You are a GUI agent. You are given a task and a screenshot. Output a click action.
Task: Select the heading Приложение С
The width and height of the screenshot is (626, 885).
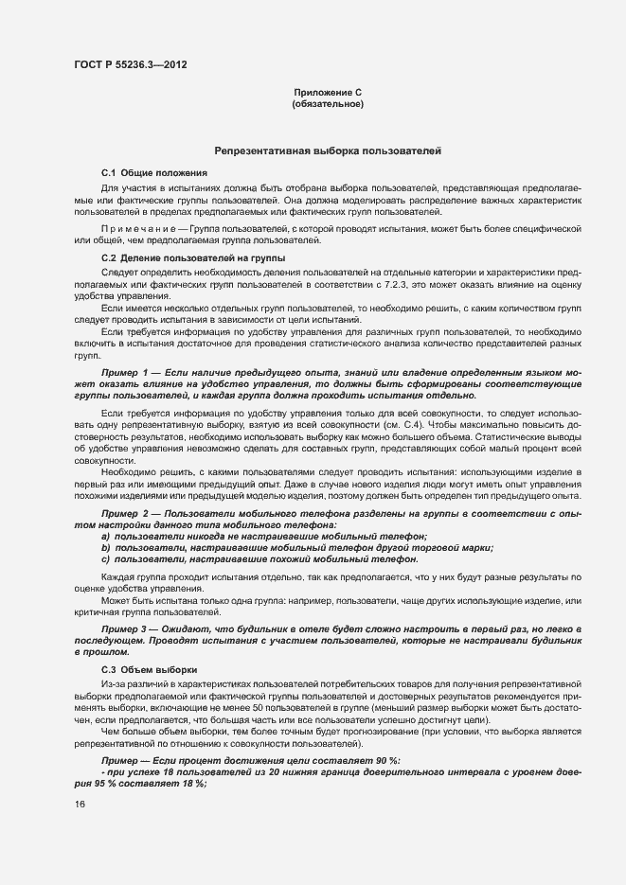(328, 92)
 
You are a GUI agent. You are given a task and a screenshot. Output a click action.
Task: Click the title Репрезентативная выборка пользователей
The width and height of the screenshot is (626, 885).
(328, 150)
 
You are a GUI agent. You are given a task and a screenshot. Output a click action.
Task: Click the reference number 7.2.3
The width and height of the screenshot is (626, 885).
(392, 284)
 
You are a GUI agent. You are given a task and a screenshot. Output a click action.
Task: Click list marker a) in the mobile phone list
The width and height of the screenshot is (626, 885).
(106, 536)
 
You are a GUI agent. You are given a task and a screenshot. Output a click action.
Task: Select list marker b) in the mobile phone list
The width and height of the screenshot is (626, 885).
(106, 548)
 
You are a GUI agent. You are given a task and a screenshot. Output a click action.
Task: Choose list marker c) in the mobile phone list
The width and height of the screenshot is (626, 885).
(106, 559)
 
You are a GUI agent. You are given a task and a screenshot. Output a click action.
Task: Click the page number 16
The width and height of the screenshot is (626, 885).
(79, 805)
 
